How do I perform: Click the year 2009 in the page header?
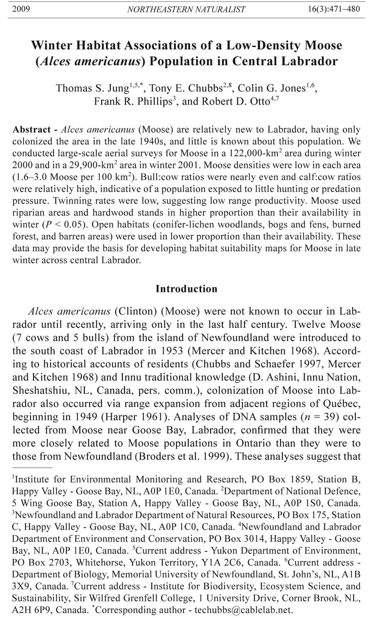(21, 9)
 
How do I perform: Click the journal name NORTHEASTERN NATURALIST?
(186, 9)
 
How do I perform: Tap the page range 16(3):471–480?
(334, 9)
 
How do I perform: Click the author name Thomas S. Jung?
(92, 88)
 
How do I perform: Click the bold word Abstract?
(32, 130)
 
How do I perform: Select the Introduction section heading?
(186, 289)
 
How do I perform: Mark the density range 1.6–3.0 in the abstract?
(31, 177)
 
